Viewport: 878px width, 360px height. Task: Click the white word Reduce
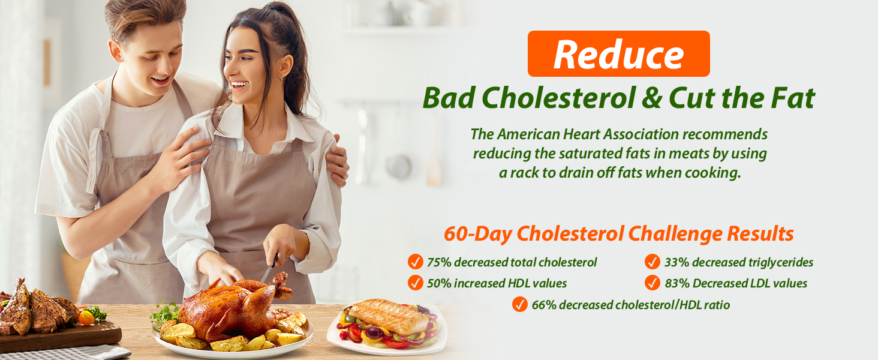tap(618, 55)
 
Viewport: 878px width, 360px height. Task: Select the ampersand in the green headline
tap(652, 98)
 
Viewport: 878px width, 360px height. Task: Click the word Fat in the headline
tap(793, 98)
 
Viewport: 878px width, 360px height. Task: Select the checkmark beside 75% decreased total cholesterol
tap(416, 262)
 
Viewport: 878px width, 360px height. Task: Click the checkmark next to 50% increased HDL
tap(416, 283)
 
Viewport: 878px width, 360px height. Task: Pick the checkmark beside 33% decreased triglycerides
tap(653, 262)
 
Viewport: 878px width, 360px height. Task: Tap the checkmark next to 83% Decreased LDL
tap(653, 283)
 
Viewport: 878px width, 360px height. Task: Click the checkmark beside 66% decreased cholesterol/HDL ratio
tap(520, 304)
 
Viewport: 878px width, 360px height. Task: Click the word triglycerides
tap(781, 262)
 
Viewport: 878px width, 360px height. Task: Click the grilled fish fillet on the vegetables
tap(388, 316)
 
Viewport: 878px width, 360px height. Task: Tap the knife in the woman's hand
tap(270, 268)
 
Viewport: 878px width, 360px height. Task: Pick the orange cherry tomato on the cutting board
tap(86, 318)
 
